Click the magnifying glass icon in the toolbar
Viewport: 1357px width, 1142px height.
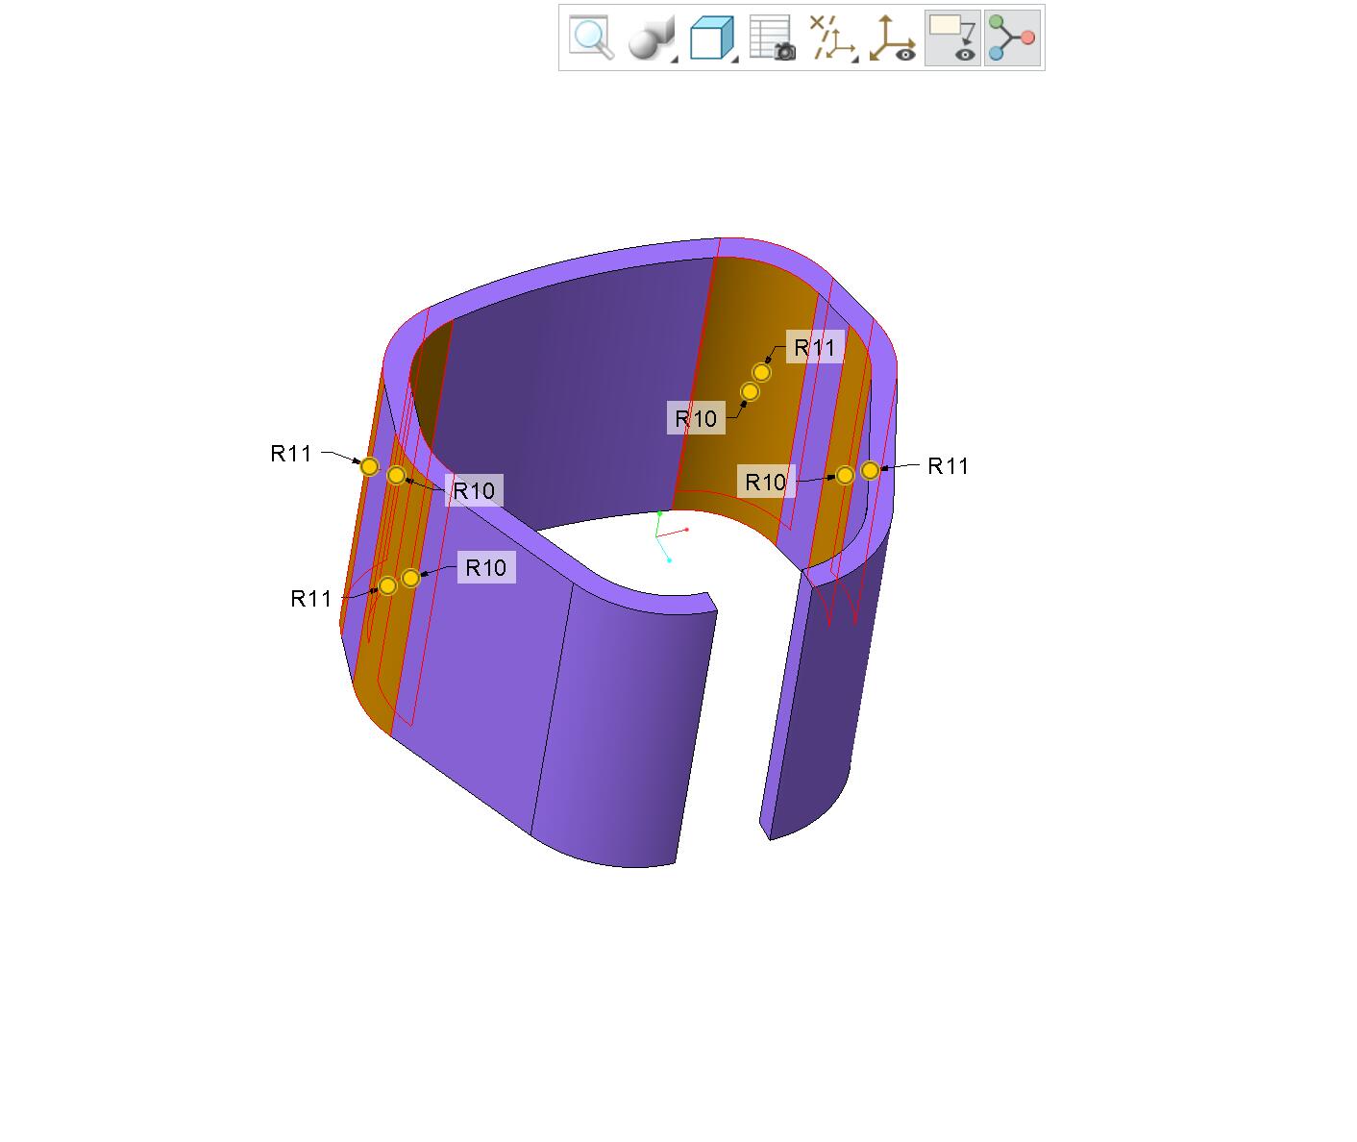(591, 37)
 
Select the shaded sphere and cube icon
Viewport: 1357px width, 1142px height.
(652, 38)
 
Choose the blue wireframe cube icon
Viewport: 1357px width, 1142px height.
(712, 38)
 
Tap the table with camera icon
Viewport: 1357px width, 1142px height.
(773, 37)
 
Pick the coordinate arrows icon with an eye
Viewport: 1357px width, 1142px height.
(893, 38)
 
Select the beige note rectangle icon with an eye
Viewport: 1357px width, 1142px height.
(952, 38)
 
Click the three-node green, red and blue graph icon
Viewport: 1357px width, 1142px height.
(1012, 37)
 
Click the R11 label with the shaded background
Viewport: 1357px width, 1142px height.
(814, 347)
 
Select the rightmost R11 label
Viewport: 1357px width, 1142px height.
(949, 466)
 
